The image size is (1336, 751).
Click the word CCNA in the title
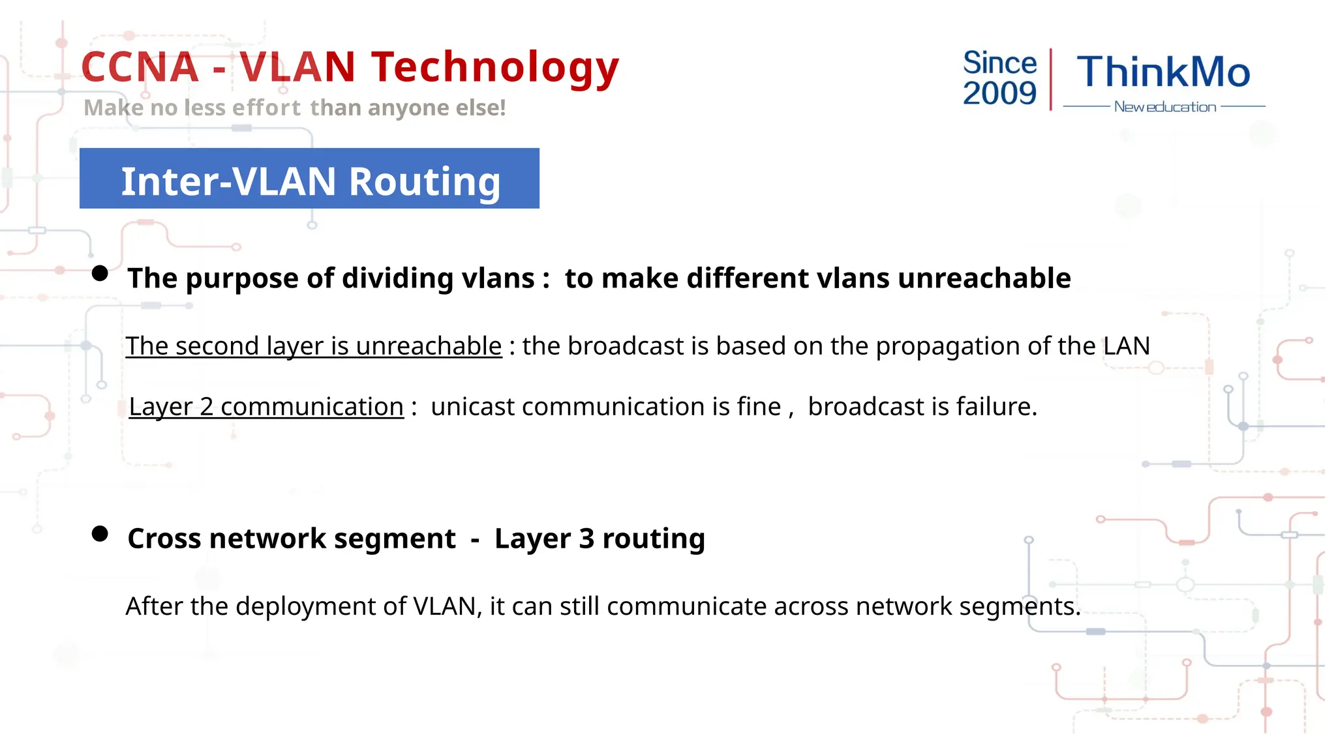[140, 67]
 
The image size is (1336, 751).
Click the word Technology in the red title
[494, 67]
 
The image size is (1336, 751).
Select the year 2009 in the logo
[999, 93]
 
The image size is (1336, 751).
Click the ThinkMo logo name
[1163, 72]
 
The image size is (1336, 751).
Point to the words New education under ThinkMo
[1165, 107]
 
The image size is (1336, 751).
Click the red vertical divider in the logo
[1051, 79]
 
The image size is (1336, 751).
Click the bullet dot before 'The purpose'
[100, 273]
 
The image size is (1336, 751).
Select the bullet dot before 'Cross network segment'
[100, 534]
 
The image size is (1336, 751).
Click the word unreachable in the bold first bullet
[984, 278]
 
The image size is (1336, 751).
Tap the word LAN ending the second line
[1127, 346]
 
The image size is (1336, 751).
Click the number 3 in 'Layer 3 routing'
[586, 538]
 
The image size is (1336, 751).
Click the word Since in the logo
[999, 63]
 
